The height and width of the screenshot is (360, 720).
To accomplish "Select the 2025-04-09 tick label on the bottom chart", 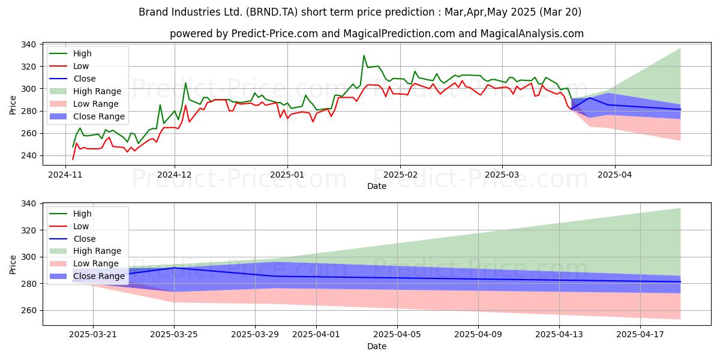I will [478, 334].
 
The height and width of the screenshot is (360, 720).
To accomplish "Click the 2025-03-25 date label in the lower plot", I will [174, 334].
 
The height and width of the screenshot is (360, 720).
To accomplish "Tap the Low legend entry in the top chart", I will [80, 66].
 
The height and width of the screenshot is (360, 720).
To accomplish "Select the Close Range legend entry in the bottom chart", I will [100, 276].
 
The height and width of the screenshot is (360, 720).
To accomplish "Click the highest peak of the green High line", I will [364, 56].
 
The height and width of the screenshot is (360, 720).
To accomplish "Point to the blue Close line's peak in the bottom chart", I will [174, 268].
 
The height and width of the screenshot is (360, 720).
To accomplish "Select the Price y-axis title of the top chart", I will [13, 104].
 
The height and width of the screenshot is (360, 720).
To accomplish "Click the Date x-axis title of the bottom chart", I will [376, 346].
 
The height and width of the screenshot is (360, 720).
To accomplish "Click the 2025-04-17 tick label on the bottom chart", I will [640, 334].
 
